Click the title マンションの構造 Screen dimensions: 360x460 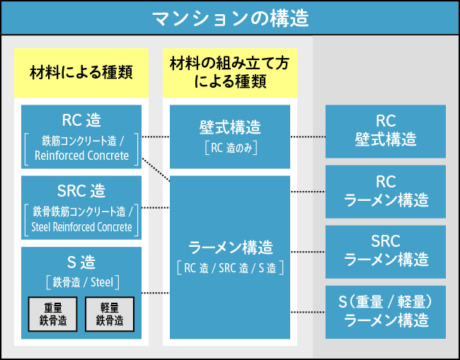pos(230,18)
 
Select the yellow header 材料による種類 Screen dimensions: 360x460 pos(81,73)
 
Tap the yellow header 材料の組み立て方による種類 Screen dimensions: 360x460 pos(229,73)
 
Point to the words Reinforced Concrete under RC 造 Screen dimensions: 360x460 pos(81,156)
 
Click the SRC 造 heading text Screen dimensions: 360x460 pos(81,190)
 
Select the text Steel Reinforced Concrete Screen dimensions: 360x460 pos(81,227)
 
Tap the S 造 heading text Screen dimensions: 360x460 pos(81,263)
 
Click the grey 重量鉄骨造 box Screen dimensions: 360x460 pos(52,313)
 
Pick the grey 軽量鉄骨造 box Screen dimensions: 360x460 pos(110,313)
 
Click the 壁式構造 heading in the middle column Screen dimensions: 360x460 pos(230,127)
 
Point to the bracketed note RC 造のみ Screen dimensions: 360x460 pos(230,148)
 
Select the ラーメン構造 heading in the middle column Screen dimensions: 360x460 pos(230,248)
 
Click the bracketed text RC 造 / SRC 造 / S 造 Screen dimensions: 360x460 pos(230,268)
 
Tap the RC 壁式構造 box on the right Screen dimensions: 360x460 pos(385,131)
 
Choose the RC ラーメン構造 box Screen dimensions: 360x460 pos(385,191)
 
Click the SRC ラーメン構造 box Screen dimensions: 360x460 pos(385,251)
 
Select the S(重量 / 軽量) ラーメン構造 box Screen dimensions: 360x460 pos(385,312)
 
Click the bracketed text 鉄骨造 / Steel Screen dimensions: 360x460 pos(81,282)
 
